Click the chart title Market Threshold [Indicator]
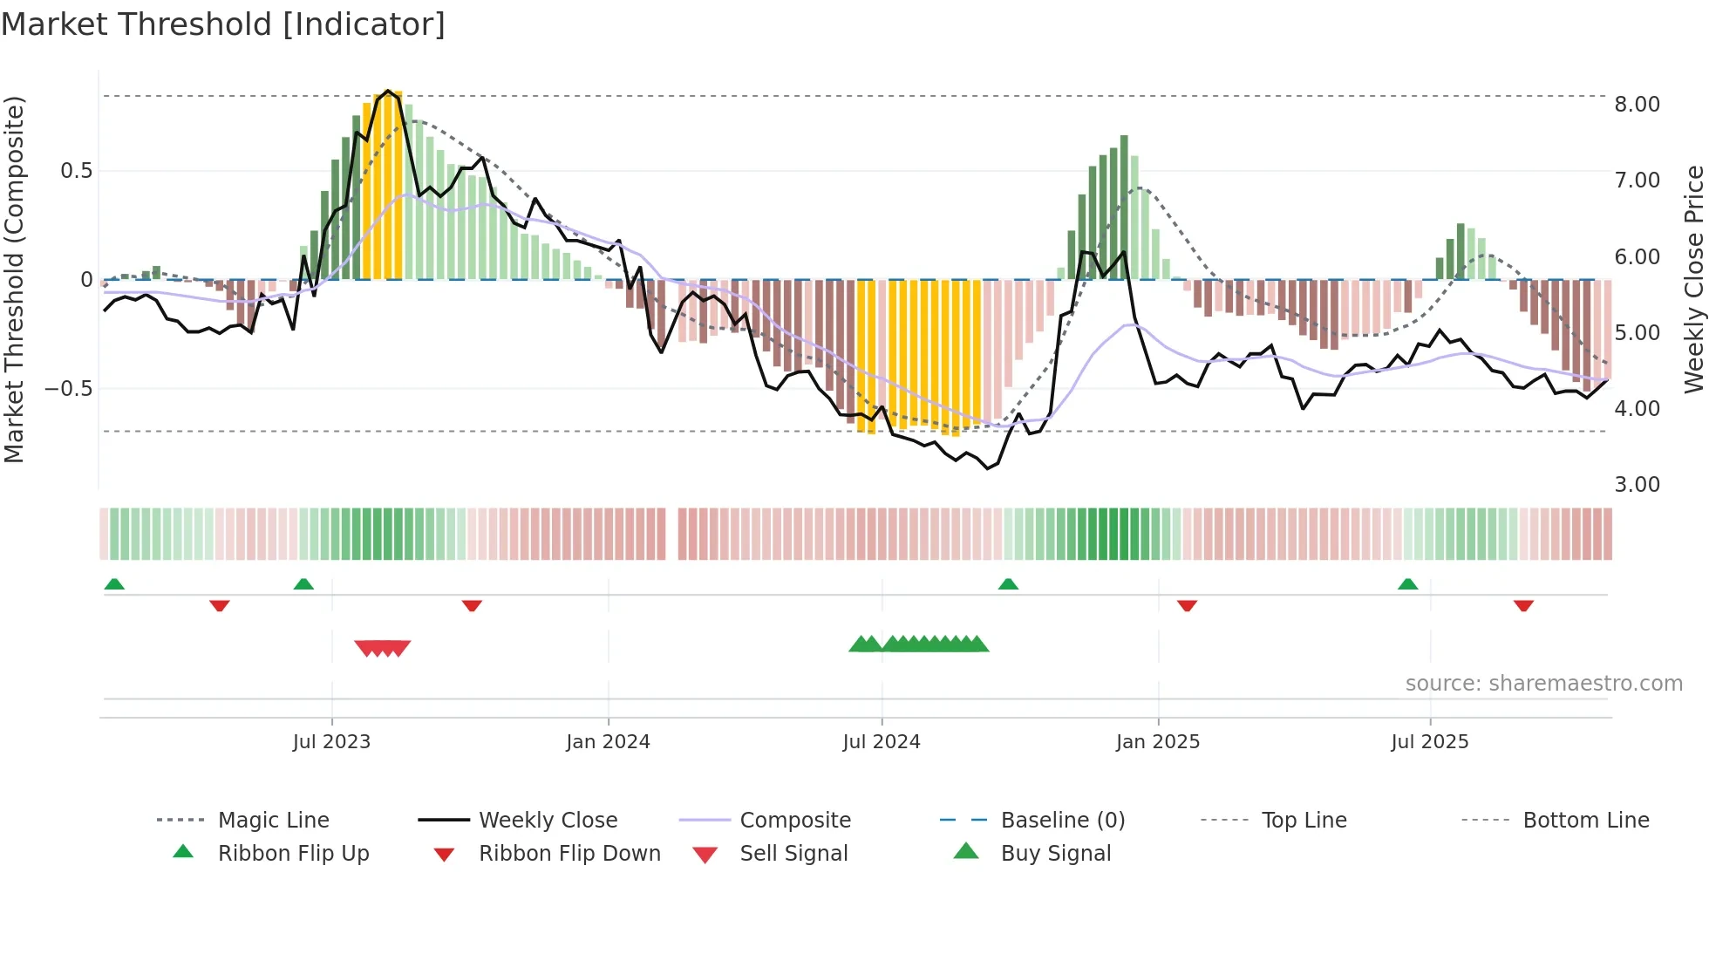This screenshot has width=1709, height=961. click(x=223, y=24)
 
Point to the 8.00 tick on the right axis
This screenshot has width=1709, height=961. click(x=1637, y=105)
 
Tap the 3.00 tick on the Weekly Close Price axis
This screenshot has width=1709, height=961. click(x=1637, y=485)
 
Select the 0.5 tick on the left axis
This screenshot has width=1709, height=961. click(x=76, y=171)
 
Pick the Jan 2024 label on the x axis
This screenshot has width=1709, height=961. click(x=608, y=742)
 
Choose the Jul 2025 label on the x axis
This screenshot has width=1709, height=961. click(x=1429, y=742)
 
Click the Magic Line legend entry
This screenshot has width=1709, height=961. click(x=273, y=821)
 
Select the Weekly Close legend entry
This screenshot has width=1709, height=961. click(x=548, y=821)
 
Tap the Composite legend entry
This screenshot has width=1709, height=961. click(x=794, y=821)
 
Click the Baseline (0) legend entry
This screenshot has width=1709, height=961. click(x=1062, y=821)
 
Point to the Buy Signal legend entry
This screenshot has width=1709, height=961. click(x=1055, y=854)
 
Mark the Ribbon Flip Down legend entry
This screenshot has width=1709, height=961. click(x=569, y=854)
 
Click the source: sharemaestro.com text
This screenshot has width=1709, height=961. click(x=1543, y=684)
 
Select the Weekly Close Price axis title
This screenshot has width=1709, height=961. click(x=1693, y=279)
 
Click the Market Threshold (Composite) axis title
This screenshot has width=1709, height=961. click(x=14, y=279)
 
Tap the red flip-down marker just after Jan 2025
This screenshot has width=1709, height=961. click(x=1187, y=605)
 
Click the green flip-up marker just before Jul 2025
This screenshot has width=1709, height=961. click(x=1407, y=584)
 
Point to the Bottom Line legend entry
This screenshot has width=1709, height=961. click(x=1585, y=821)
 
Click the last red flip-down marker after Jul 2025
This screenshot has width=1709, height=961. click(x=1523, y=605)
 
